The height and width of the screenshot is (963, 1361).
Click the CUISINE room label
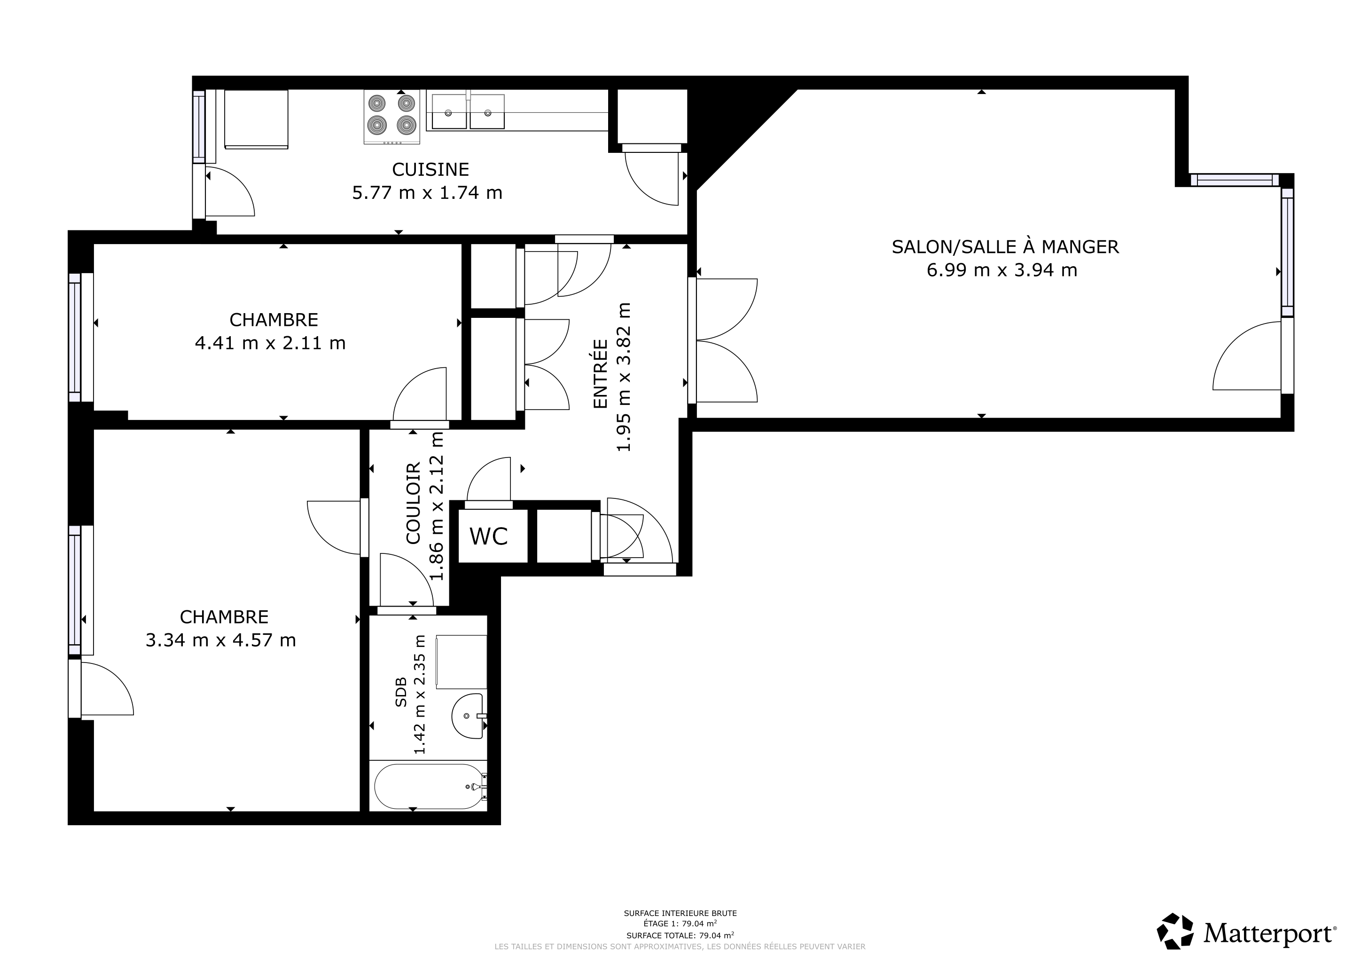pos(430,170)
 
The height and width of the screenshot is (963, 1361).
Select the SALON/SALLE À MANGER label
pos(1005,247)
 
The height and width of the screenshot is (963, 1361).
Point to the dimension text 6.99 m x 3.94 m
pos(1002,270)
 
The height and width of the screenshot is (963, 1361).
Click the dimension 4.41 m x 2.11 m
pos(270,343)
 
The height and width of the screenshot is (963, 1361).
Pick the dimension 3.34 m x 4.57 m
pos(220,640)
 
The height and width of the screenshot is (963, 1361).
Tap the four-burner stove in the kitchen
pos(392,117)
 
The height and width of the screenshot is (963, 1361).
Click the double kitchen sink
pos(468,111)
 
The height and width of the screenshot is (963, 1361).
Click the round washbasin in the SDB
pos(468,716)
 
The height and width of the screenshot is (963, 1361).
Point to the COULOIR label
pos(413,504)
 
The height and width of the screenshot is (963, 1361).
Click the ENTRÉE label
pos(601,373)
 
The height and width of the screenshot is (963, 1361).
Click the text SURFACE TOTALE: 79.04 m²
pos(680,936)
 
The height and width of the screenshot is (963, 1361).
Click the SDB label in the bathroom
pos(401,692)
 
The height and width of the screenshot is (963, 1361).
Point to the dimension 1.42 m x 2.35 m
pos(420,695)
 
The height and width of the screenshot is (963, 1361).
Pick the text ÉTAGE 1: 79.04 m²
pos(680,924)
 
